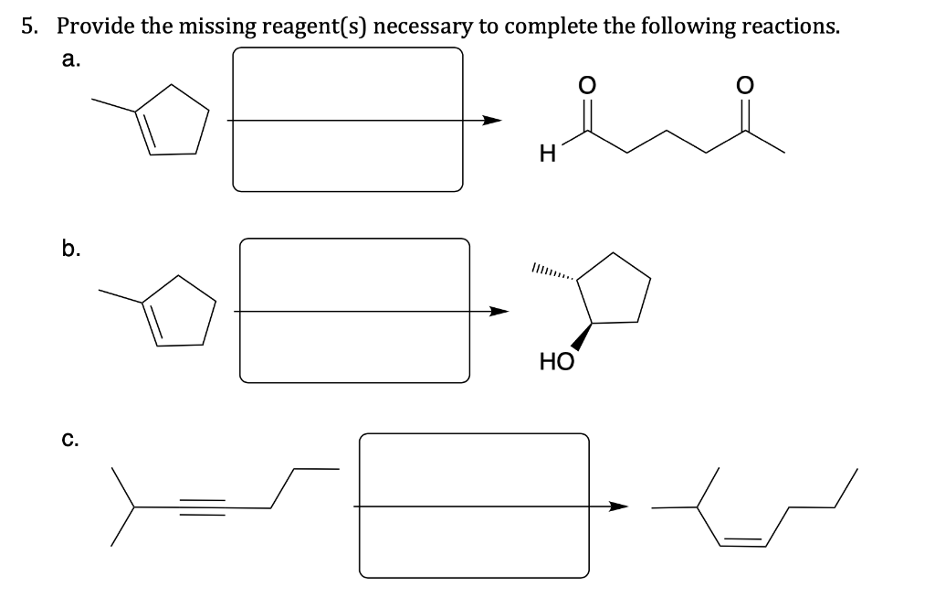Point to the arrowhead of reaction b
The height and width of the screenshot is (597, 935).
point(498,312)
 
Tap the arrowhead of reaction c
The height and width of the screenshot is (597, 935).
point(619,506)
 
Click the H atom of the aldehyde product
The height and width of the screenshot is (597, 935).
point(546,156)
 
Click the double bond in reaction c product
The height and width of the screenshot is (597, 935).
point(741,543)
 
